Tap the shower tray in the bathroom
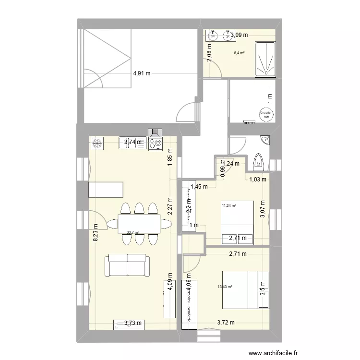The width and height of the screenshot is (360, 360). coord(265,60)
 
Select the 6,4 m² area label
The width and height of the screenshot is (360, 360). coord(239,53)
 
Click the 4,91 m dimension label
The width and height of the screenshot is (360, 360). coord(142,73)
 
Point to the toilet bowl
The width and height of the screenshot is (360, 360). coord(258,161)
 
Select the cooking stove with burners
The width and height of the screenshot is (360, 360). coord(156,142)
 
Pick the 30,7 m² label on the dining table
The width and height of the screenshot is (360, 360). coord(132,233)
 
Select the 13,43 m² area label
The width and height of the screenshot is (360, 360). coord(224,287)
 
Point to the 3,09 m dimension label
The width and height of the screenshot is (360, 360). coord(239,35)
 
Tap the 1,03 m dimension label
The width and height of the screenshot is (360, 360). coord(257,180)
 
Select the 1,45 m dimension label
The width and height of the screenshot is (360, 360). coord(199,187)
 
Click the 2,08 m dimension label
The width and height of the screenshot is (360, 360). coord(208,56)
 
